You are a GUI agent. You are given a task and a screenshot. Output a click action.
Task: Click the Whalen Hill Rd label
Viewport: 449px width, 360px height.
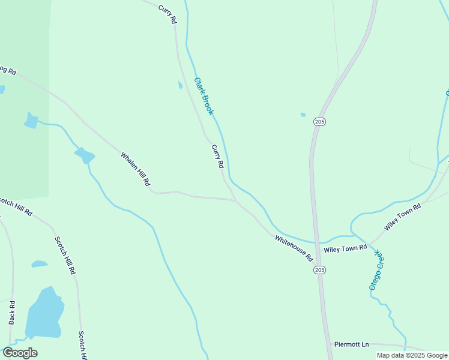tap(135, 169)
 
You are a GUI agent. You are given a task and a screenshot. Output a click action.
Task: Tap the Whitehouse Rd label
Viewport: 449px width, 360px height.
tap(294, 248)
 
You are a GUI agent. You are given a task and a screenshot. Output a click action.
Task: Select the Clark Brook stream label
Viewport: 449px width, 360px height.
tap(204, 96)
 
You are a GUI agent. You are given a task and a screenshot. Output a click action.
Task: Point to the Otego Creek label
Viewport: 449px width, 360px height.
tap(376, 271)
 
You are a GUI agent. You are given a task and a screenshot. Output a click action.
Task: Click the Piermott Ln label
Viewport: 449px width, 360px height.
tap(352, 344)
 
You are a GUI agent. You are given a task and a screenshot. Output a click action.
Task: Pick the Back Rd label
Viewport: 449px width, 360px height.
tap(11, 312)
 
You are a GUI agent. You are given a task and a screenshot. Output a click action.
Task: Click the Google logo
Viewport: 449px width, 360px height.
tap(20, 352)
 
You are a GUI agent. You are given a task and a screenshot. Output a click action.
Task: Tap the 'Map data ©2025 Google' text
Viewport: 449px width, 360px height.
tap(412, 355)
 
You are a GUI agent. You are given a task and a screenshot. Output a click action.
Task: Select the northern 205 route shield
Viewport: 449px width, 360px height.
tap(319, 122)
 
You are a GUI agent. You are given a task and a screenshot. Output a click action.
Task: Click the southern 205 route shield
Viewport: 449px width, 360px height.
tap(319, 271)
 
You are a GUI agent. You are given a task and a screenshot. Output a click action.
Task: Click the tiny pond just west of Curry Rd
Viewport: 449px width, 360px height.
tap(180, 85)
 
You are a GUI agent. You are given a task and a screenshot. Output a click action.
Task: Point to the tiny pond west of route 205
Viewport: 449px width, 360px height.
tap(303, 115)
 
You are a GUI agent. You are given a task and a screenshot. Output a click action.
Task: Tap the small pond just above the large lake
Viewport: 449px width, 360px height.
tap(39, 263)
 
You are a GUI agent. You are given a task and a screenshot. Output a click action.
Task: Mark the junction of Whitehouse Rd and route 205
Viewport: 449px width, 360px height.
tap(314, 244)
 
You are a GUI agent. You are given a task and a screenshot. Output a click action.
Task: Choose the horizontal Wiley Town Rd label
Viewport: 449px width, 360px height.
tap(345, 248)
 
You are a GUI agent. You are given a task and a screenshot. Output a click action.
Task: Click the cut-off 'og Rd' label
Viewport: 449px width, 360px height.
tap(8, 70)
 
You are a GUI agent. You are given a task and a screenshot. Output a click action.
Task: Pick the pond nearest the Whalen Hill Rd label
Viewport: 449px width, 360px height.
tap(85, 156)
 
